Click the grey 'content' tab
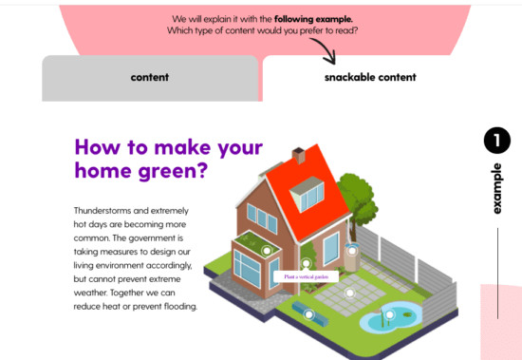pyautogui.click(x=150, y=77)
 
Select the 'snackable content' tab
pyautogui.click(x=369, y=77)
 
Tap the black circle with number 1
pyautogui.click(x=496, y=141)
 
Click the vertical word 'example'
pyautogui.click(x=496, y=188)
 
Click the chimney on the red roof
pyautogui.click(x=299, y=155)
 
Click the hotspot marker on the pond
pyautogui.click(x=389, y=313)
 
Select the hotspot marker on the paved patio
pyautogui.click(x=349, y=293)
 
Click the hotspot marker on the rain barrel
pyautogui.click(x=352, y=249)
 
